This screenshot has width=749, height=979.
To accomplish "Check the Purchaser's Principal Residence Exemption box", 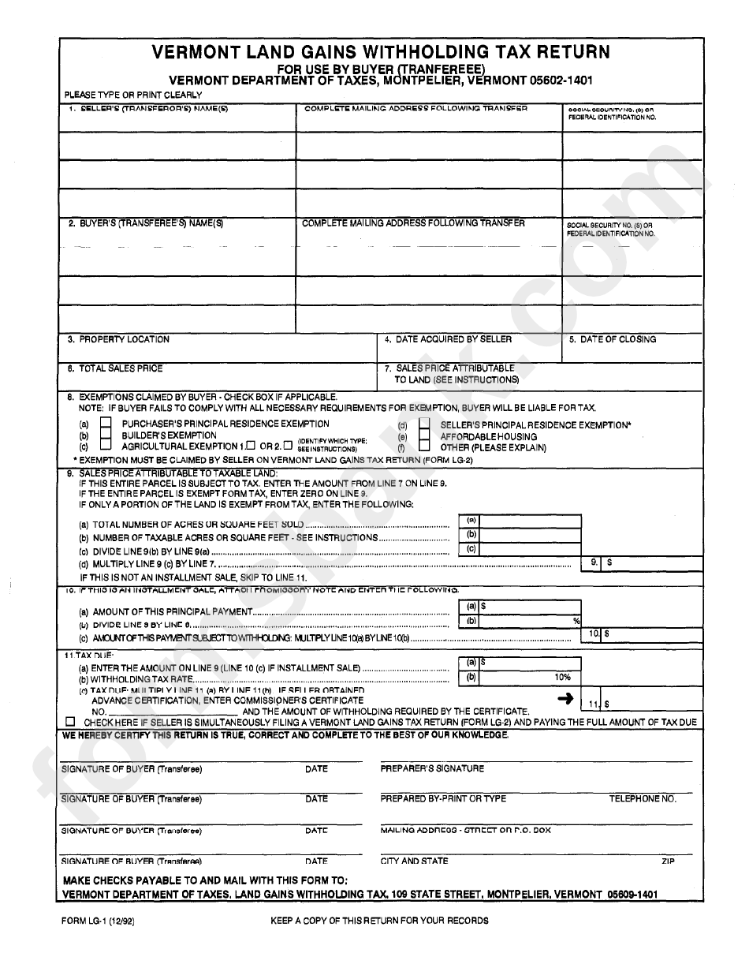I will (x=106, y=424).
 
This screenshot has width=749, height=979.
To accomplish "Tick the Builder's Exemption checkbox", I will (x=106, y=435).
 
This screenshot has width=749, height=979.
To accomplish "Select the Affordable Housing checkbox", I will (x=424, y=436).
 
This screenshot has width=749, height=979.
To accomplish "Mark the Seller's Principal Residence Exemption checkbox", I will (x=424, y=424).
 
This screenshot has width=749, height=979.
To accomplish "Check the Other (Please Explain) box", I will (x=424, y=447).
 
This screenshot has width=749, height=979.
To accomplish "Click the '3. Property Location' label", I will (x=118, y=340).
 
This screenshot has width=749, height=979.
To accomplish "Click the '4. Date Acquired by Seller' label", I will (x=448, y=340).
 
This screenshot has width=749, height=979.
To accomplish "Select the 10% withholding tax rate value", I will (x=562, y=677).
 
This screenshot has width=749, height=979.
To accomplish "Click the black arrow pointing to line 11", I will (x=565, y=697).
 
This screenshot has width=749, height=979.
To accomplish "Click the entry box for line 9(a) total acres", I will (x=529, y=521).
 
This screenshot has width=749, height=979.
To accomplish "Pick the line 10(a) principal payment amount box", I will (x=529, y=607).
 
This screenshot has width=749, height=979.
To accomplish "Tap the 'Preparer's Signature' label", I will (x=432, y=768).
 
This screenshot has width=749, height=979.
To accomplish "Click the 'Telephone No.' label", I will (x=642, y=799).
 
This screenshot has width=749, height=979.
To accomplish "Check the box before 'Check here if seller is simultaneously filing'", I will (x=71, y=722).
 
